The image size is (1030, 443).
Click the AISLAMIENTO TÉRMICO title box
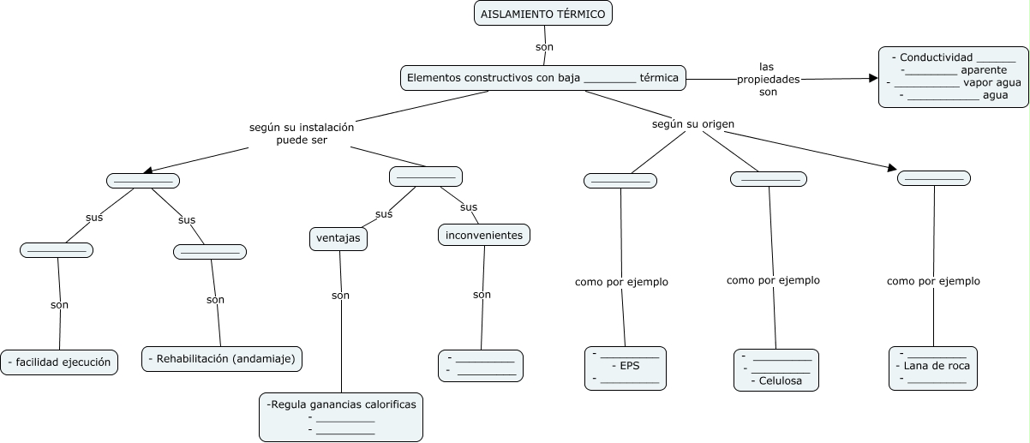click(x=543, y=14)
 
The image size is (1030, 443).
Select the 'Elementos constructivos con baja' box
click(x=543, y=78)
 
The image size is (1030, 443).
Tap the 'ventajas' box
click(x=338, y=239)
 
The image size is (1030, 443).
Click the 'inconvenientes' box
click(x=484, y=235)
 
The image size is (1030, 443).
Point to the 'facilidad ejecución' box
click(x=59, y=362)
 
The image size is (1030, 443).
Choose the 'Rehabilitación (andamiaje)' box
click(x=222, y=359)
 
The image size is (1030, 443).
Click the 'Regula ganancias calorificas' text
click(x=341, y=404)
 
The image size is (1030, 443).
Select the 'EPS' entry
click(x=630, y=366)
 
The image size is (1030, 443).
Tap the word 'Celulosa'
click(x=781, y=381)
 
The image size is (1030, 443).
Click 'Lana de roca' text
click(x=937, y=366)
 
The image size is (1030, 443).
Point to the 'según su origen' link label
click(x=693, y=124)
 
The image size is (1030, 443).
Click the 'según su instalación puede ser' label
click(x=302, y=134)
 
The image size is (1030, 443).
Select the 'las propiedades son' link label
click(x=768, y=79)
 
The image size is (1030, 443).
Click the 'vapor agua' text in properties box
click(x=992, y=83)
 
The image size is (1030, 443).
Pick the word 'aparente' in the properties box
click(x=984, y=70)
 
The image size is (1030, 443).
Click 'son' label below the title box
click(x=544, y=47)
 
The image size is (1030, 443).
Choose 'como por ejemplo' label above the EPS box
click(x=621, y=282)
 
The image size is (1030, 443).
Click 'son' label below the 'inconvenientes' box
click(x=482, y=295)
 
